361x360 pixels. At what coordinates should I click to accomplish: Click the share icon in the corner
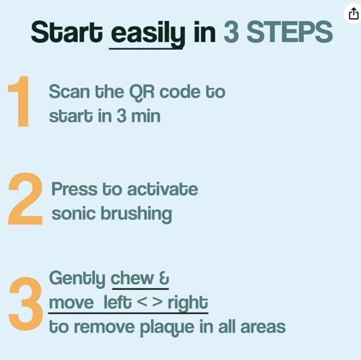point(353,14)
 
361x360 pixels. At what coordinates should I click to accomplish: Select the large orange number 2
point(26,199)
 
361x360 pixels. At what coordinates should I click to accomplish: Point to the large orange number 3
point(26,304)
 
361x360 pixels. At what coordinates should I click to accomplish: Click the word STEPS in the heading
point(289,32)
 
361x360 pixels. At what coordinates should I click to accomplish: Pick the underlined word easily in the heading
point(148,34)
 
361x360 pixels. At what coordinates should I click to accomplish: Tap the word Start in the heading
point(67,32)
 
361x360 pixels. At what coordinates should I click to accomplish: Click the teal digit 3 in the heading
point(231,32)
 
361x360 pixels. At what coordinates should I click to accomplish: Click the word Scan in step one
point(69,92)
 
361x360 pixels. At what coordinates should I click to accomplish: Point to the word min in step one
point(145,116)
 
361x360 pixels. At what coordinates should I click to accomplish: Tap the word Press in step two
point(74,189)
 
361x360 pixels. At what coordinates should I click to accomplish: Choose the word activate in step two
point(162,189)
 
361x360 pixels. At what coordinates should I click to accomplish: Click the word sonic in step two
point(73,214)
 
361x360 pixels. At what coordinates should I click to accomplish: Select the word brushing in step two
point(136,215)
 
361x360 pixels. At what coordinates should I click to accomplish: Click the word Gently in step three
point(77,279)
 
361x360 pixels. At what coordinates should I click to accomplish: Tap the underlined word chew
point(132,278)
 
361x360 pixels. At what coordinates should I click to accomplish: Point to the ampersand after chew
point(164,278)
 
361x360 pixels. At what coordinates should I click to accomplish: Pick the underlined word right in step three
point(188,303)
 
